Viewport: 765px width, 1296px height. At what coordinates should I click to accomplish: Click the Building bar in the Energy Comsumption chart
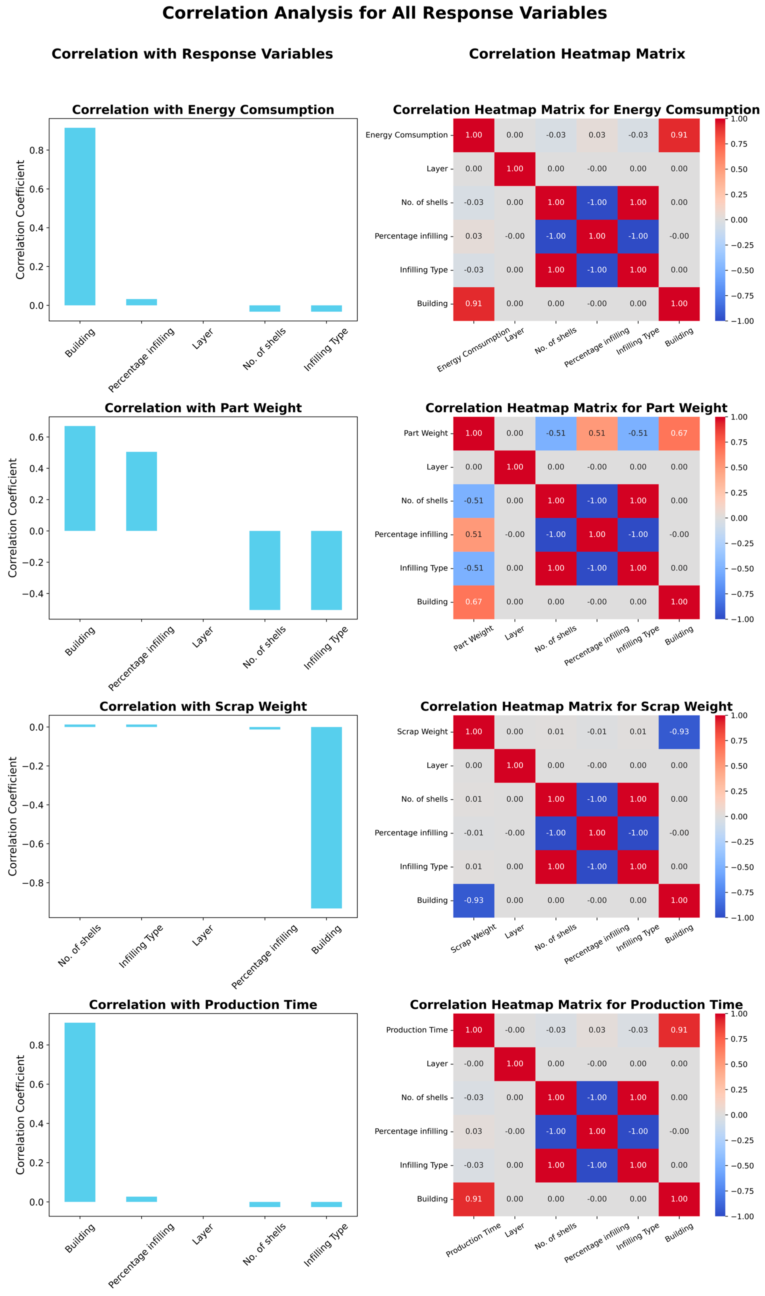point(80,216)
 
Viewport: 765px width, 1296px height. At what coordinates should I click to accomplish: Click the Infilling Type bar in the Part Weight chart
point(326,570)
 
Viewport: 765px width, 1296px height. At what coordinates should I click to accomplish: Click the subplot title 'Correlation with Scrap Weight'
point(203,706)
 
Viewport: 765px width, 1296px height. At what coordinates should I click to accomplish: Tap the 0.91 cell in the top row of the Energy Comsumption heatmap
point(679,135)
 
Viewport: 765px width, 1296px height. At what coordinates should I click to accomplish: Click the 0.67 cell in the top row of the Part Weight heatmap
point(679,433)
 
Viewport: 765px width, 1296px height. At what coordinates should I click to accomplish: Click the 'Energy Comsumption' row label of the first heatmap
point(407,135)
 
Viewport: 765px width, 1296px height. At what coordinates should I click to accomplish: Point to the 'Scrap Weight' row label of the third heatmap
point(422,732)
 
